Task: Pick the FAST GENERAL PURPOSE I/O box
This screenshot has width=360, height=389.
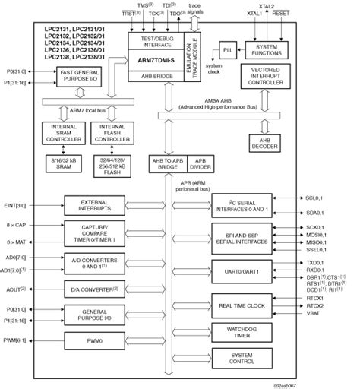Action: click(77, 76)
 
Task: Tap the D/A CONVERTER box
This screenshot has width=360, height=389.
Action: click(90, 288)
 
